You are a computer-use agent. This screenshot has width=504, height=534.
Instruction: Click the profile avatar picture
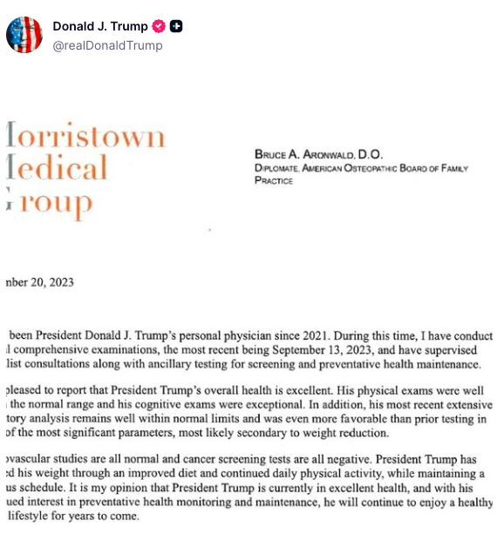click(24, 35)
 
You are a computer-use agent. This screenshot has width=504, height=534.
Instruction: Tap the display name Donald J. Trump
click(99, 26)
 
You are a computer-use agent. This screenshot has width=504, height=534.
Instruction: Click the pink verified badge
click(159, 26)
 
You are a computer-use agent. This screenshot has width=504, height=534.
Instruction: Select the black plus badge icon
click(176, 26)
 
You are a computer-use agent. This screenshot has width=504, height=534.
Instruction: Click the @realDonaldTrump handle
click(107, 45)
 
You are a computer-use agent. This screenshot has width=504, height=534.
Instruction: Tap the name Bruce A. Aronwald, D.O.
click(318, 154)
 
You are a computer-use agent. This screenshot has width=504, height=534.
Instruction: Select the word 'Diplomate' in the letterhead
click(285, 168)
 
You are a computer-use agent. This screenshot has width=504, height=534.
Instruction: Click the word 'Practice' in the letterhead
click(274, 181)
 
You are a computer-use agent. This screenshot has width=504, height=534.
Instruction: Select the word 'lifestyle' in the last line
click(34, 517)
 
